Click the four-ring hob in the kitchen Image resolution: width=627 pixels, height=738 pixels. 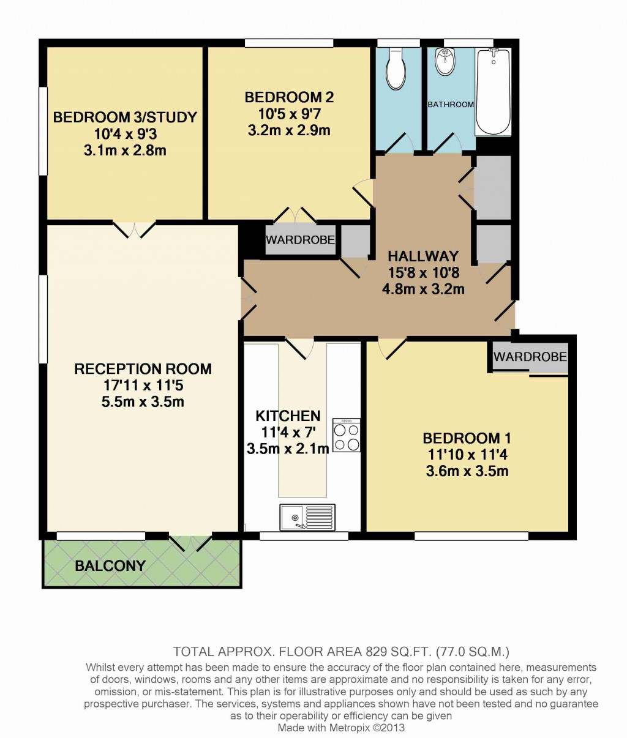(x=346, y=435)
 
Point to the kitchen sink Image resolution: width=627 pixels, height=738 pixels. (x=307, y=517)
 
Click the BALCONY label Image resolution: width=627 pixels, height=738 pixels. (x=110, y=565)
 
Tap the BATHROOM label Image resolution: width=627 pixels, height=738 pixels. (x=451, y=105)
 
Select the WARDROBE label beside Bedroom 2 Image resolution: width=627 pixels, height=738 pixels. (x=300, y=240)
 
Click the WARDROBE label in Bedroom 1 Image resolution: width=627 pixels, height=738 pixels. (x=530, y=356)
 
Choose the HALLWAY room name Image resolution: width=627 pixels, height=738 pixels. (x=423, y=256)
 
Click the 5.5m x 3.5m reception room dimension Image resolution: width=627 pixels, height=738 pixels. (x=143, y=402)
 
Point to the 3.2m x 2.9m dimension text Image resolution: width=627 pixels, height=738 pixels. (x=289, y=130)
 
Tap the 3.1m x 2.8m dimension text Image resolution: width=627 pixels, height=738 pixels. (x=125, y=150)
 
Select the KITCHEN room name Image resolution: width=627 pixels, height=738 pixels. (x=288, y=416)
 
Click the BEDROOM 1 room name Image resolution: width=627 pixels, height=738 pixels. (x=467, y=438)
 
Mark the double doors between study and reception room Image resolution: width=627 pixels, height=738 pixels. (x=135, y=228)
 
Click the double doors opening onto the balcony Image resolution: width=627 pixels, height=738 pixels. (x=190, y=543)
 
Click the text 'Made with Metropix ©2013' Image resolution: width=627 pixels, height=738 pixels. (x=341, y=728)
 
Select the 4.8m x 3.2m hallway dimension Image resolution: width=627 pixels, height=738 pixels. (x=423, y=289)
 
